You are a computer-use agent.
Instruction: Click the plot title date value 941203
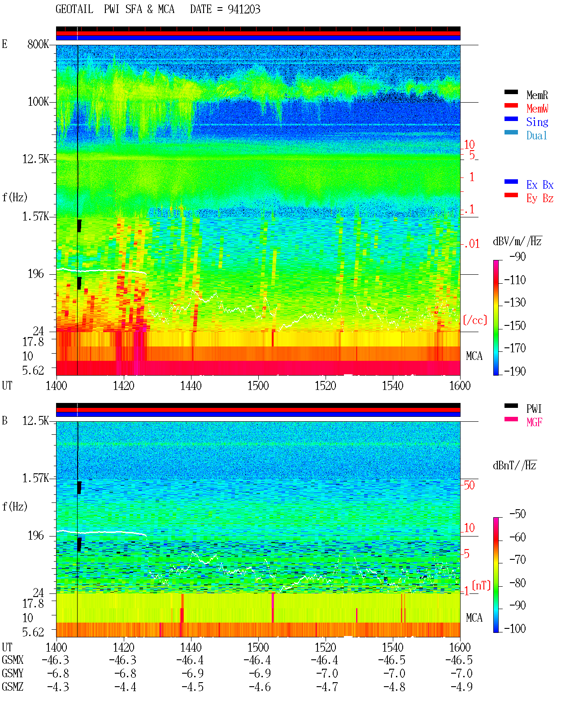coord(244,9)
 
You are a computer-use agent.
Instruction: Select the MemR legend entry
coord(537,95)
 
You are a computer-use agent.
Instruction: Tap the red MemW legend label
coord(537,108)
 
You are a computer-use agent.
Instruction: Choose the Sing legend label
coord(537,122)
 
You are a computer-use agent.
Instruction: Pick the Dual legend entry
coord(536,135)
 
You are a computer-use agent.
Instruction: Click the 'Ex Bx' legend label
coord(540,185)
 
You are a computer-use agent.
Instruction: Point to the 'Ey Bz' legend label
coord(540,199)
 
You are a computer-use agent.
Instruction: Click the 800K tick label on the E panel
coord(38,44)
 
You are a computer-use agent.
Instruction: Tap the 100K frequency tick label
coord(38,102)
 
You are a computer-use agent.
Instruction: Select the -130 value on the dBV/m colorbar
coord(515,303)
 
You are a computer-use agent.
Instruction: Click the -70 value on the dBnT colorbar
coord(517,560)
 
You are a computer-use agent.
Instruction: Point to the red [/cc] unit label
coord(475,320)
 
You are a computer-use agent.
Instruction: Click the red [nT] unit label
coord(481,585)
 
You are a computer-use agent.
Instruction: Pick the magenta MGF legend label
coord(534,422)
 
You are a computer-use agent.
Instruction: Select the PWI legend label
coord(534,409)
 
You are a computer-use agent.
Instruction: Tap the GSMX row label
coord(13,660)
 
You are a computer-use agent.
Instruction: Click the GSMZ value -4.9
coord(461,687)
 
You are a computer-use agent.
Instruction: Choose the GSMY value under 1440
coord(192,674)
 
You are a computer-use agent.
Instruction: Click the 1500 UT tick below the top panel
coord(258,386)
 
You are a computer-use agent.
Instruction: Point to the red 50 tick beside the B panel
coord(469,485)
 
